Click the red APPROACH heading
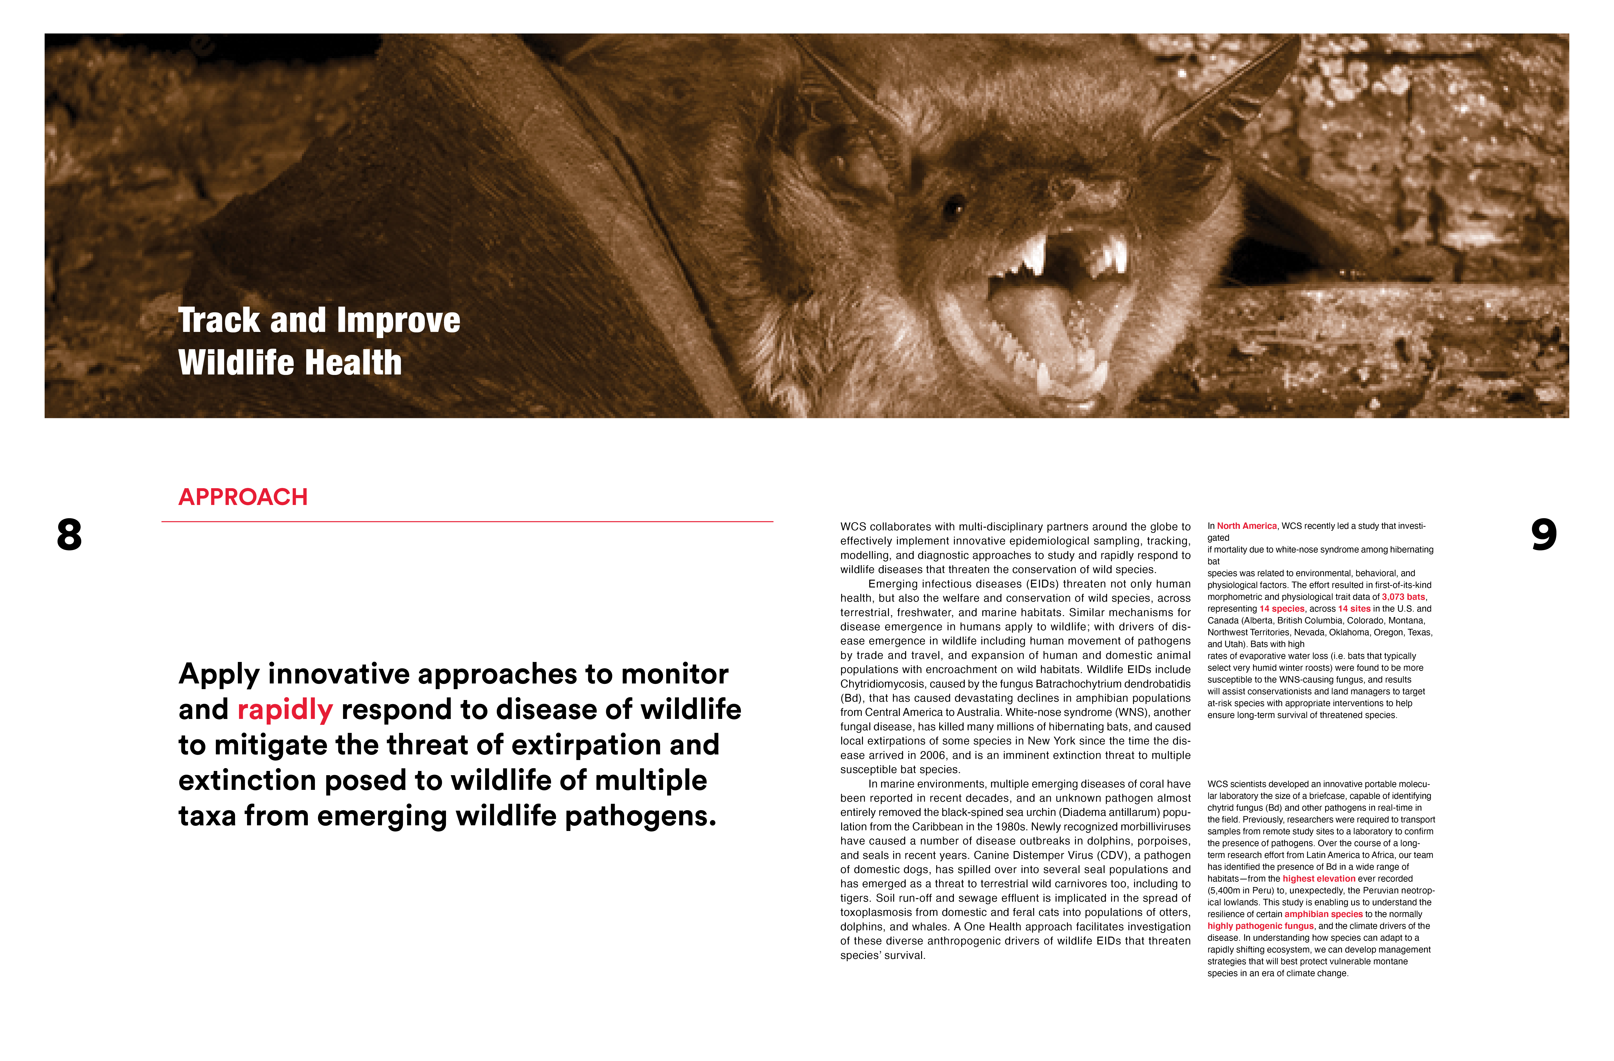click(x=243, y=497)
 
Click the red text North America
click(x=1246, y=526)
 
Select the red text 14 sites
click(x=1354, y=609)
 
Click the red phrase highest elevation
click(x=1318, y=879)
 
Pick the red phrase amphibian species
click(x=1323, y=914)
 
